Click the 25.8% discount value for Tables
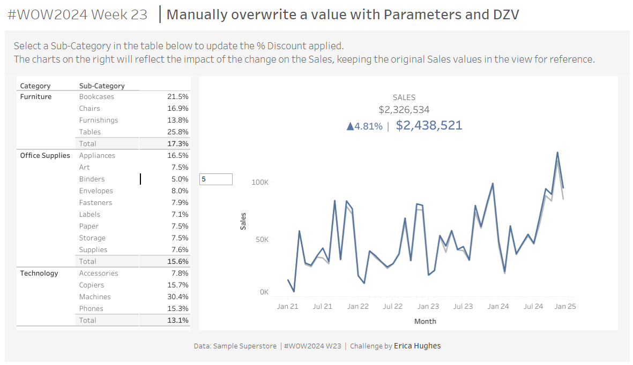click(177, 132)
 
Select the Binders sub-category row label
click(92, 179)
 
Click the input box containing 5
click(216, 179)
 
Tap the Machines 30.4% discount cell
click(177, 297)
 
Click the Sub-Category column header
click(102, 86)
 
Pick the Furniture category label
click(36, 97)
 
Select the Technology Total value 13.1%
click(177, 321)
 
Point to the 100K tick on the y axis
click(259, 182)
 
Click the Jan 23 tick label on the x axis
click(428, 307)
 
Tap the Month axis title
click(425, 322)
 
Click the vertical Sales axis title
click(243, 222)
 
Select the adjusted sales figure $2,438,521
click(429, 126)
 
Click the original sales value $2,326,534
click(404, 110)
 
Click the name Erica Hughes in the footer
click(417, 346)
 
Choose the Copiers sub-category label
click(92, 285)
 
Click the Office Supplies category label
click(45, 156)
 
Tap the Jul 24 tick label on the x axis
click(533, 307)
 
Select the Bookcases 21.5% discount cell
click(177, 97)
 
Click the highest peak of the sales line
click(557, 153)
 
